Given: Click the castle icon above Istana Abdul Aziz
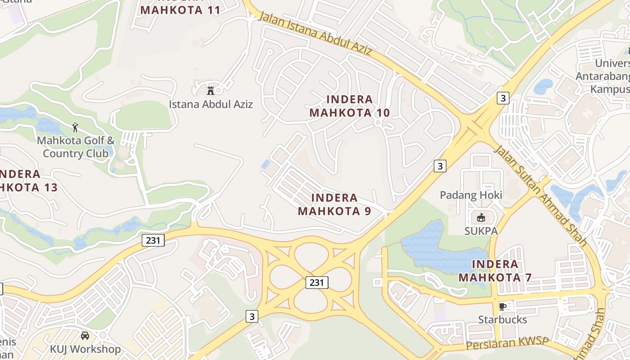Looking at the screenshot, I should [x=210, y=90].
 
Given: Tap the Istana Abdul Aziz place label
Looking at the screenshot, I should [x=211, y=104].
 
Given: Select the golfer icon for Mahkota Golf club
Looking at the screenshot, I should [x=75, y=127].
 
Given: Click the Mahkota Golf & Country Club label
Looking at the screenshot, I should [x=76, y=147].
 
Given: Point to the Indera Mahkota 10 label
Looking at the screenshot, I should [x=350, y=106].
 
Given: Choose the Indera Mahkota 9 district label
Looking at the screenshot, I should [x=334, y=204].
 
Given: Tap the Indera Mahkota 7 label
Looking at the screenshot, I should [x=495, y=270].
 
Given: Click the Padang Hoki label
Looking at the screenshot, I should [x=471, y=195].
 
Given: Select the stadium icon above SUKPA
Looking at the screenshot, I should [x=481, y=218].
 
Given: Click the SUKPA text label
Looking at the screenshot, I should [x=481, y=231].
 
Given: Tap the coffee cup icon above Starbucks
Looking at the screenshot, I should [x=503, y=306].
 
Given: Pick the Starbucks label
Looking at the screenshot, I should [x=502, y=319].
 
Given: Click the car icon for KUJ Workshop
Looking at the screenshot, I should [x=85, y=336].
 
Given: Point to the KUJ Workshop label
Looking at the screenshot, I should [x=85, y=349].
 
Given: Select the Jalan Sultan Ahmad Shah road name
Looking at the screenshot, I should [x=540, y=196].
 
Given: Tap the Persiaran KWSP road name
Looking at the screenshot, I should [x=508, y=344].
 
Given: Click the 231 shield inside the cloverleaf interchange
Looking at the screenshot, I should [x=317, y=282].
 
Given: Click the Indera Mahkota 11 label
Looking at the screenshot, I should [x=180, y=9].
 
